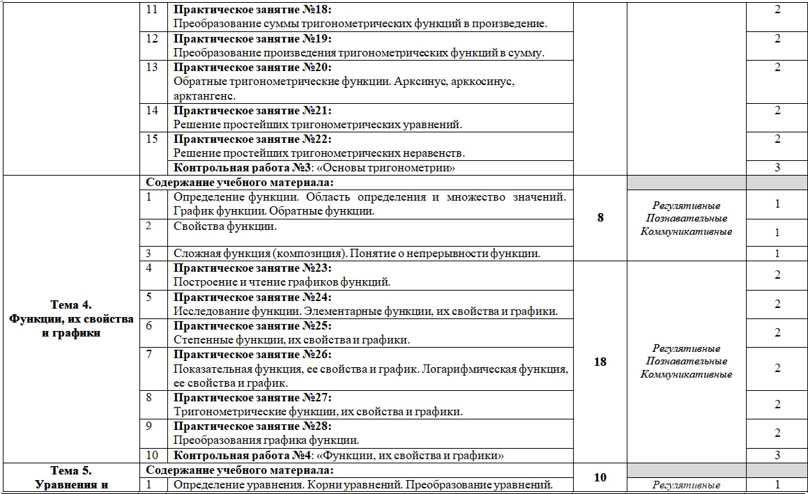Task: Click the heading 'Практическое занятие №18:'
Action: pyautogui.click(x=252, y=10)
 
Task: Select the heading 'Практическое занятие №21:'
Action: pyautogui.click(x=252, y=111)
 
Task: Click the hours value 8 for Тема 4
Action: pyautogui.click(x=600, y=217)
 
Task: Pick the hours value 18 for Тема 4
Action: pyautogui.click(x=600, y=362)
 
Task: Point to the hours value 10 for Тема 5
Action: pyautogui.click(x=600, y=477)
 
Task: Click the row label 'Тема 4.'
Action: pyautogui.click(x=72, y=304)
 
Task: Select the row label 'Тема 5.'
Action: pyautogui.click(x=72, y=470)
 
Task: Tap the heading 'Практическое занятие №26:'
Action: pyautogui.click(x=252, y=355)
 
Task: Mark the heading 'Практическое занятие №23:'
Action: pyautogui.click(x=252, y=268)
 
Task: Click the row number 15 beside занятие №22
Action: pyautogui.click(x=153, y=139)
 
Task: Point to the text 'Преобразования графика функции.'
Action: pyautogui.click(x=266, y=440)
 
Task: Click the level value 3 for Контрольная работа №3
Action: pyautogui.click(x=777, y=168)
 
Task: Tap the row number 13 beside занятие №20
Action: pyautogui.click(x=153, y=68)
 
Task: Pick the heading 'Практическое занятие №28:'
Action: pyautogui.click(x=252, y=426)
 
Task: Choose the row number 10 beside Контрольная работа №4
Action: pyautogui.click(x=153, y=456)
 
